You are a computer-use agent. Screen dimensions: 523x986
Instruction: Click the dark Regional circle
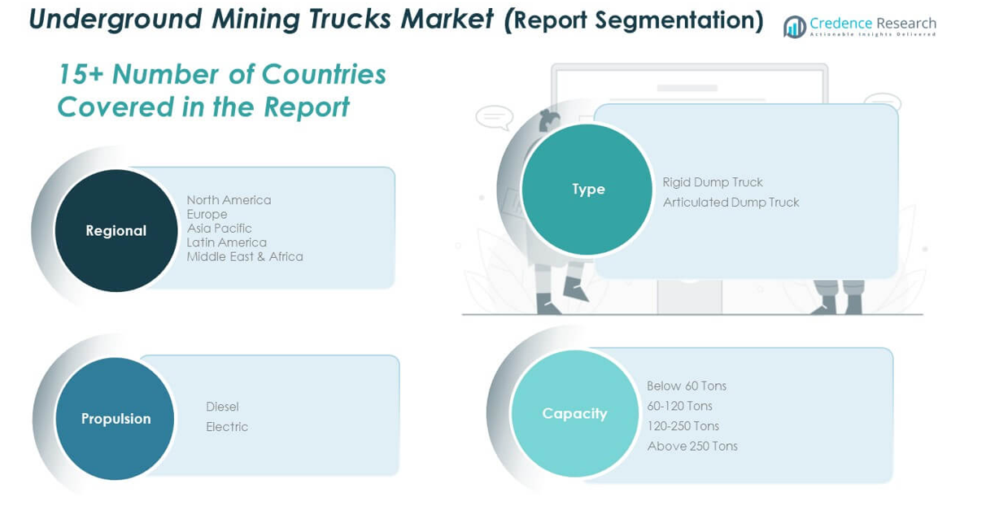click(x=116, y=230)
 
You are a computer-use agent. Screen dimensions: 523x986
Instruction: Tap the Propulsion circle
click(x=116, y=418)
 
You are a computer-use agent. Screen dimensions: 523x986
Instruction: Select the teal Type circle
click(x=587, y=189)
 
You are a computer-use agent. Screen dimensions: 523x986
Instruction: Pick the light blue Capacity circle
click(x=574, y=413)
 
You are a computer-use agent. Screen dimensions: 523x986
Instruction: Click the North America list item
click(x=229, y=200)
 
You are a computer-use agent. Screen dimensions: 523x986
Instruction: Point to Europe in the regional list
click(x=207, y=214)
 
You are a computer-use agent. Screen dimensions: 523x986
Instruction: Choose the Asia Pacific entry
click(x=219, y=229)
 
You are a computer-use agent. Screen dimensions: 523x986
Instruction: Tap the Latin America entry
click(x=226, y=242)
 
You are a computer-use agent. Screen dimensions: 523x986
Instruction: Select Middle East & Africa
click(x=245, y=256)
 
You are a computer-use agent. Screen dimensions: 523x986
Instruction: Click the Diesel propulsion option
click(x=222, y=407)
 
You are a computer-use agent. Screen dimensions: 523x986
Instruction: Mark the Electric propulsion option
click(x=227, y=427)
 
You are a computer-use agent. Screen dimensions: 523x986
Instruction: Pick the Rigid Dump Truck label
click(x=713, y=182)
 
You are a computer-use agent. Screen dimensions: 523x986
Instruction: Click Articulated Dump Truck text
click(x=731, y=203)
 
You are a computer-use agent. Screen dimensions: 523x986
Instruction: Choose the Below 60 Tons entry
click(x=687, y=386)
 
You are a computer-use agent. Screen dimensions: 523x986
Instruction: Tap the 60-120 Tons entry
click(x=679, y=406)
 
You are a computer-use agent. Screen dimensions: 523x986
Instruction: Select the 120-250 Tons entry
click(x=683, y=426)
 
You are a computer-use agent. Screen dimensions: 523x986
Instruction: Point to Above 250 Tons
click(x=692, y=446)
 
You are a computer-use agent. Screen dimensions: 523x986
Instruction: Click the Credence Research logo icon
click(x=794, y=27)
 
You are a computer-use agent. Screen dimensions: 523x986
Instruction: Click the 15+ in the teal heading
click(x=81, y=75)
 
